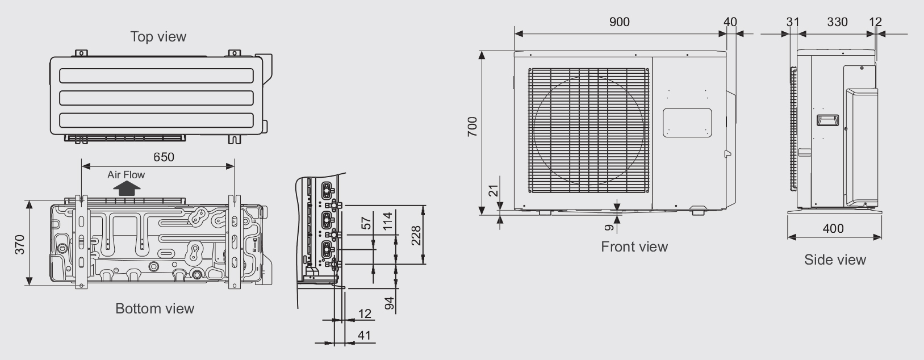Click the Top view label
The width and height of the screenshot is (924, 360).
coord(158,37)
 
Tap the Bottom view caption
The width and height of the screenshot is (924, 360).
coord(154,308)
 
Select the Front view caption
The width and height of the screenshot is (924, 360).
coord(634,246)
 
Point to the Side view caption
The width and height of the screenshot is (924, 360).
coord(835,260)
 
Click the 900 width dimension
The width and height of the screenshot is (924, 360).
coord(620,22)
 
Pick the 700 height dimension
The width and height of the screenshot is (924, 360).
coord(473,127)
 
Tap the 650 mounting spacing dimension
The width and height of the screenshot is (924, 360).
coord(164,157)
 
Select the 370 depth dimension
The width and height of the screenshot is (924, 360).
coord(20,245)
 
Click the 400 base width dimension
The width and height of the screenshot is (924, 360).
coord(833,228)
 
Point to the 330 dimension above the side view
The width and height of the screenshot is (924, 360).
coord(837,22)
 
